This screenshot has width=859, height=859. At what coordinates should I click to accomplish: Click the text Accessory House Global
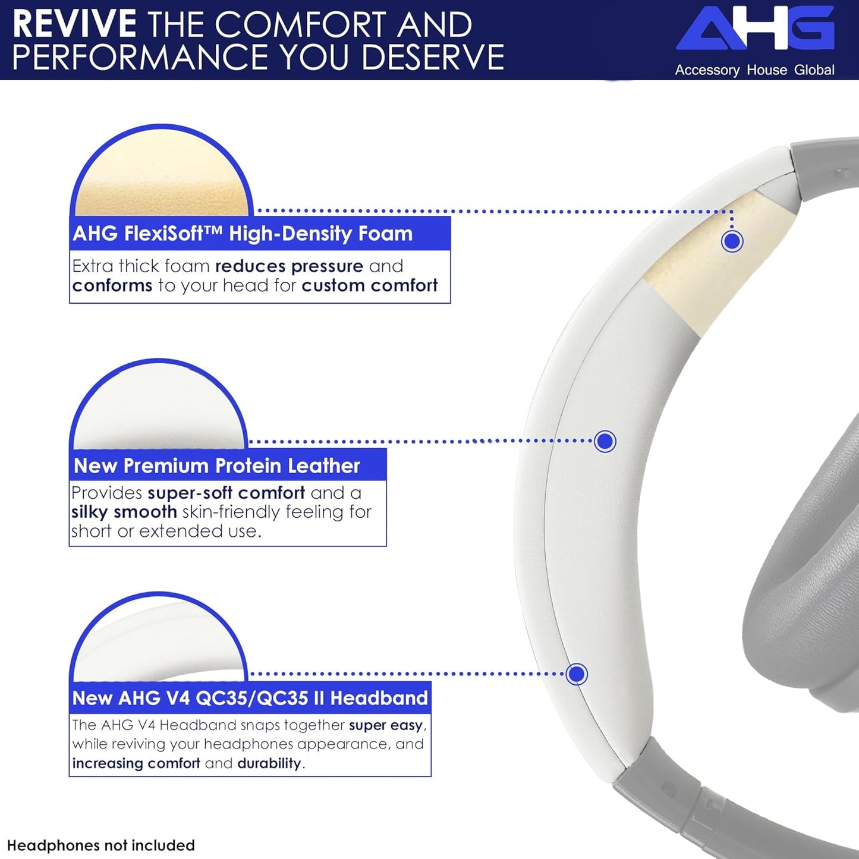pyautogui.click(x=754, y=70)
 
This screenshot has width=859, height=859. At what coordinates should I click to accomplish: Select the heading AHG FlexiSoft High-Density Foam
pyautogui.click(x=243, y=234)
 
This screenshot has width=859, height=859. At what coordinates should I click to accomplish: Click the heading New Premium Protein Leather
pyautogui.click(x=217, y=465)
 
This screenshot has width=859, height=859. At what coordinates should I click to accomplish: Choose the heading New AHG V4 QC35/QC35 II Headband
pyautogui.click(x=250, y=697)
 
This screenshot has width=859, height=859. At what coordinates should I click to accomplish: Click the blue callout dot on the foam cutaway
pyautogui.click(x=732, y=241)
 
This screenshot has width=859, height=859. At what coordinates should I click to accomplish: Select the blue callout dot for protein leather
pyautogui.click(x=605, y=441)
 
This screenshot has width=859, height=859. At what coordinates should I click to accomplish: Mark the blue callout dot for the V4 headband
pyautogui.click(x=577, y=674)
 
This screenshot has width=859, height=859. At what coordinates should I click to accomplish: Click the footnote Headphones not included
pyautogui.click(x=101, y=845)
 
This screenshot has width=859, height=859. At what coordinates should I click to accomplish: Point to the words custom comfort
pyautogui.click(x=369, y=286)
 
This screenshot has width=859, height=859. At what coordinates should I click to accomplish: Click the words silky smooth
pyautogui.click(x=124, y=512)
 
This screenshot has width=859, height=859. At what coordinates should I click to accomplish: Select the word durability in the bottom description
pyautogui.click(x=269, y=763)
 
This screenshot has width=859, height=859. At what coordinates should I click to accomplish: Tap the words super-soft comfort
pyautogui.click(x=226, y=493)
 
